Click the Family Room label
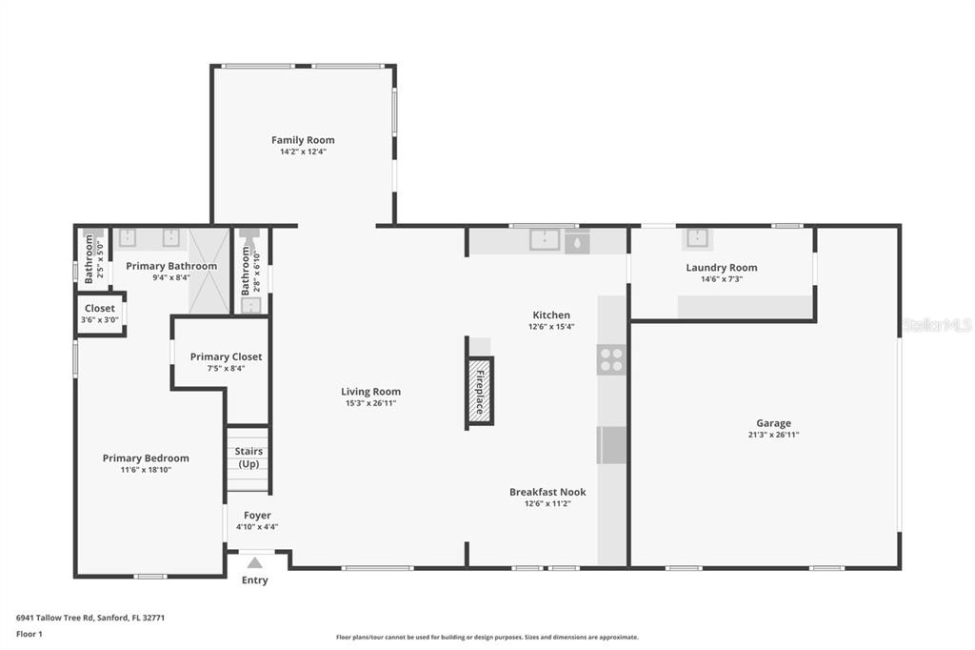coord(303,140)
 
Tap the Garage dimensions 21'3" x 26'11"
coord(773,435)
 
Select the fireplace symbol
coord(479,391)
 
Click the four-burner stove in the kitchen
coord(610,359)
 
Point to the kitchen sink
coord(544,239)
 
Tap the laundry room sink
coord(697,238)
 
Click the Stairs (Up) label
coord(249,457)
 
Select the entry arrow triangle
coord(254,562)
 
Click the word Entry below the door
coord(254,580)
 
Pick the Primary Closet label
coord(226,356)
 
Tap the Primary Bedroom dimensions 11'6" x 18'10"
coord(146,470)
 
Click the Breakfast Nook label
coord(547,492)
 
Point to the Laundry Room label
coord(722,268)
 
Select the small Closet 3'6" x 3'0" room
coord(99,314)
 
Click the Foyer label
coord(257,515)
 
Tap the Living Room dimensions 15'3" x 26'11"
coord(371,403)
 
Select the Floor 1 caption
coord(29,634)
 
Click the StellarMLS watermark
coord(937,325)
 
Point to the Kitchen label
coord(551,315)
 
